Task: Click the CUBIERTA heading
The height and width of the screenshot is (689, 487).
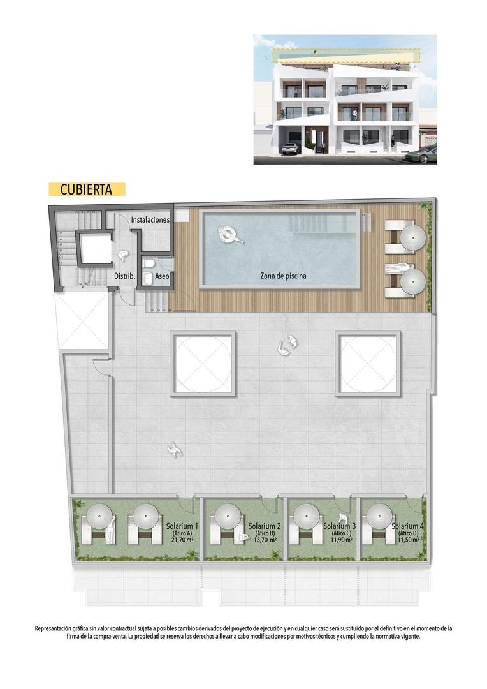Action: (x=86, y=189)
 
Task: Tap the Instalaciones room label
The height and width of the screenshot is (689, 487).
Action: (x=150, y=220)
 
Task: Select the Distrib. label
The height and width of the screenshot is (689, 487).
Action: (x=123, y=276)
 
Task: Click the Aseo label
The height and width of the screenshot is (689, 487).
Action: (x=162, y=276)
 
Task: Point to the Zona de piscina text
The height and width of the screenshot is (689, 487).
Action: (x=283, y=276)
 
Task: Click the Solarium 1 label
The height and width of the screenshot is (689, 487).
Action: (x=182, y=526)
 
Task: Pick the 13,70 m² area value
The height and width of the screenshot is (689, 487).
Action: (x=265, y=540)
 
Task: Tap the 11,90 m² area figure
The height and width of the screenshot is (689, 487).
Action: (x=338, y=540)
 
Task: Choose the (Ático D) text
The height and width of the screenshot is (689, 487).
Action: (x=408, y=533)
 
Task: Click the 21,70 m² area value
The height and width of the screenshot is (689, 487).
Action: (x=182, y=540)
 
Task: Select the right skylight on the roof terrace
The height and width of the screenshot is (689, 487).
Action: (x=370, y=364)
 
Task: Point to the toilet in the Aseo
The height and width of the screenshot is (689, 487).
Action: (x=147, y=263)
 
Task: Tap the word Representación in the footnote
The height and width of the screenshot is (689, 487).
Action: (x=57, y=628)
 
